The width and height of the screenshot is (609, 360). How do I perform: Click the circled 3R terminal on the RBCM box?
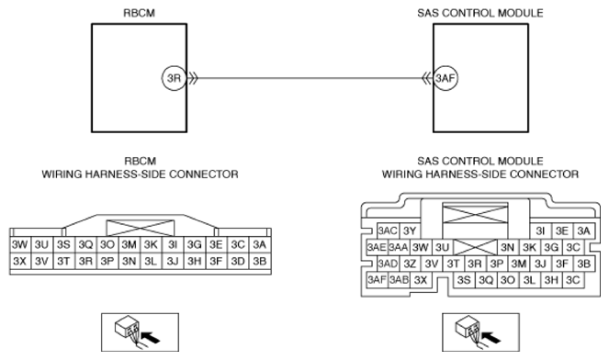click(x=174, y=78)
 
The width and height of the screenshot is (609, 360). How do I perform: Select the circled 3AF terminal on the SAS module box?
click(x=445, y=78)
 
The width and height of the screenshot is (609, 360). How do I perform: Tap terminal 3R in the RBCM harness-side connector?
click(x=85, y=261)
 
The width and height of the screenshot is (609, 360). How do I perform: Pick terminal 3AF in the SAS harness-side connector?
click(x=377, y=279)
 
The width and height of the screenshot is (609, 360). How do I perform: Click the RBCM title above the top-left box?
click(x=139, y=13)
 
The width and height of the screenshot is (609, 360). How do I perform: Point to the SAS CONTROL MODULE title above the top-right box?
click(x=480, y=13)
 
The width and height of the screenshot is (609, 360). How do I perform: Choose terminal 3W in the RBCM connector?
click(x=20, y=244)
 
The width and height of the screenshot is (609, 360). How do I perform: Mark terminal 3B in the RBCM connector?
click(x=259, y=261)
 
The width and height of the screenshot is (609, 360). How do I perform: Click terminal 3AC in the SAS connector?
click(x=388, y=231)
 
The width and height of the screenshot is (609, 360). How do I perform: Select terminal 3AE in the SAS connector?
click(x=377, y=247)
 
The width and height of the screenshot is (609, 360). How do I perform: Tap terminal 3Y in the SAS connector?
click(x=410, y=231)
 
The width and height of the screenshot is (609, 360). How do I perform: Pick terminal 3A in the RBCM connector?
click(x=259, y=244)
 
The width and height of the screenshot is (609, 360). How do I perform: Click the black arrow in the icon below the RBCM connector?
click(x=151, y=337)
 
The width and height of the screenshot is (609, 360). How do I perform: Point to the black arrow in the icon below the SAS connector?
click(x=491, y=337)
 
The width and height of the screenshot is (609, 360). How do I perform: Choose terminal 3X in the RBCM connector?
click(x=20, y=261)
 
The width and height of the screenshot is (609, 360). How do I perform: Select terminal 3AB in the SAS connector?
click(x=399, y=279)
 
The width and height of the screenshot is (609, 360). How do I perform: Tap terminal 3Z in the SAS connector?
click(x=410, y=264)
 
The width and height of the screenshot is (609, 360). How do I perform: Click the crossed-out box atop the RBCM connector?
click(x=141, y=228)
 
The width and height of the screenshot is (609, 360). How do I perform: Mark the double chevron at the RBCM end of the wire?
click(x=193, y=78)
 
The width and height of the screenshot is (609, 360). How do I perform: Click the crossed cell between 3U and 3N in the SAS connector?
click(x=475, y=247)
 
